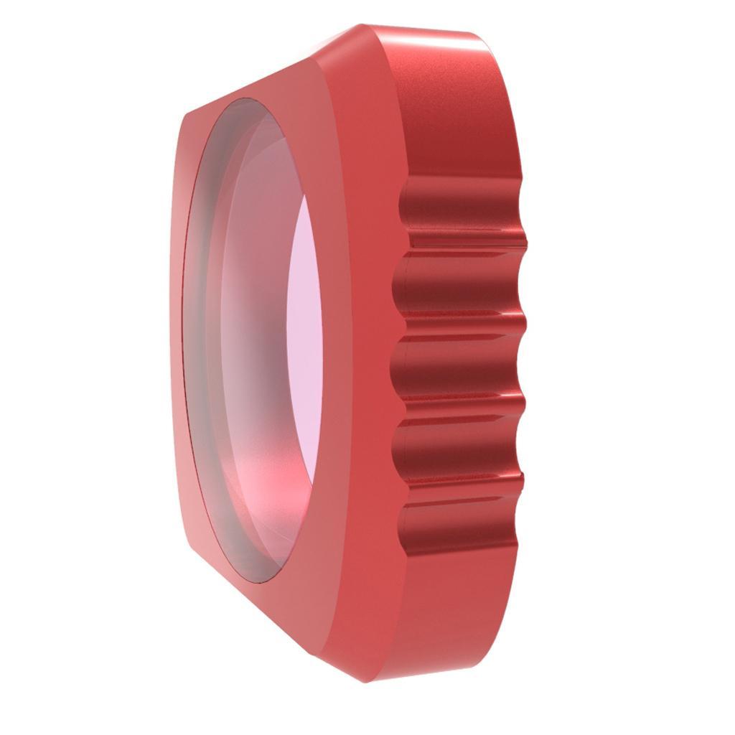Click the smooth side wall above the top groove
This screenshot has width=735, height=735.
[x=459, y=115]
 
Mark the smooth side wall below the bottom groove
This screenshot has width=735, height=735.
[x=452, y=610]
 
